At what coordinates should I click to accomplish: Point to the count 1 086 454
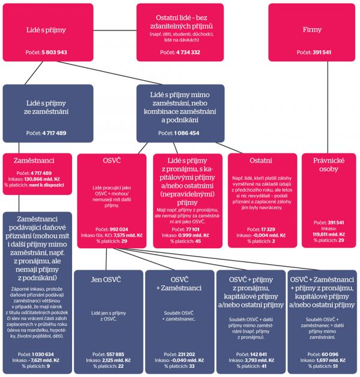187,132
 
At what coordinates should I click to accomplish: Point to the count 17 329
268,230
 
